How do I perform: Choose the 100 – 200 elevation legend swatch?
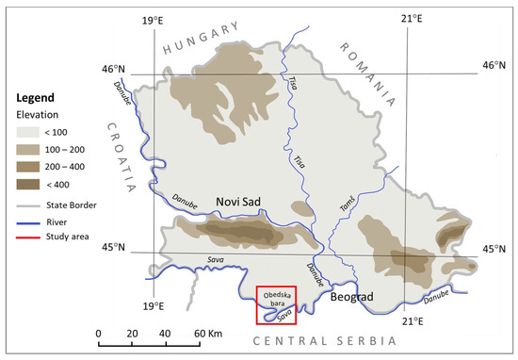coord(31,151)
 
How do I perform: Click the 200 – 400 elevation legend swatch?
coord(31,167)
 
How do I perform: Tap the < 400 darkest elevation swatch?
coord(31,183)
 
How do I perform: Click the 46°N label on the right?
coord(494,66)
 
